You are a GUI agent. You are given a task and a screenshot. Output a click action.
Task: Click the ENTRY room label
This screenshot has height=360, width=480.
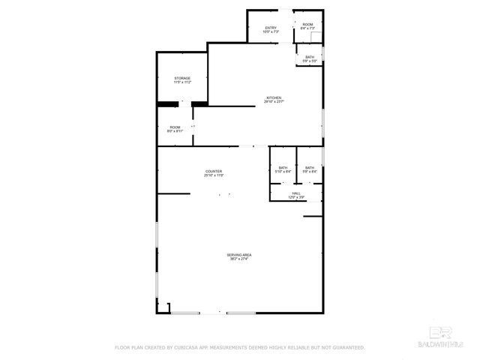tap(271, 28)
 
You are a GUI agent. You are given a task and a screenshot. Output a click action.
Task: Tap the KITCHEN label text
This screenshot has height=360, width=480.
tap(274, 98)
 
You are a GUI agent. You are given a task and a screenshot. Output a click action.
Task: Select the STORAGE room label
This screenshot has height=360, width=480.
tap(182, 78)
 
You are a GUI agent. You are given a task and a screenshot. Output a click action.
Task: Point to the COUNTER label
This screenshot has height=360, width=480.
tap(214, 172)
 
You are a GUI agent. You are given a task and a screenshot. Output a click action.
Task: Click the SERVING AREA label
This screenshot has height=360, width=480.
tap(239, 255)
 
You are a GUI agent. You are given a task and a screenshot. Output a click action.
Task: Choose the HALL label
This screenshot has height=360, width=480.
tap(297, 193)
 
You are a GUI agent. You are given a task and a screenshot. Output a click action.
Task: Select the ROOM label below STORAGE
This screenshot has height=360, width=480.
tap(175, 127)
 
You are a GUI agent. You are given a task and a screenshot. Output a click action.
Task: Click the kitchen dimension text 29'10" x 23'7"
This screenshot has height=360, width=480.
tap(274, 102)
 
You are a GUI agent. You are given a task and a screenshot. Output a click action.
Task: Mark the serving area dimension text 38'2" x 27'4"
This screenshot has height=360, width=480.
tap(239, 259)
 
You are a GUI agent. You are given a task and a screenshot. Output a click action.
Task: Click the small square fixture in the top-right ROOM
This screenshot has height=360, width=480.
tap(317, 37)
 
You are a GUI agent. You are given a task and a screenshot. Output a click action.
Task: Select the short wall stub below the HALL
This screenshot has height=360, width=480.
tap(313, 217)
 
